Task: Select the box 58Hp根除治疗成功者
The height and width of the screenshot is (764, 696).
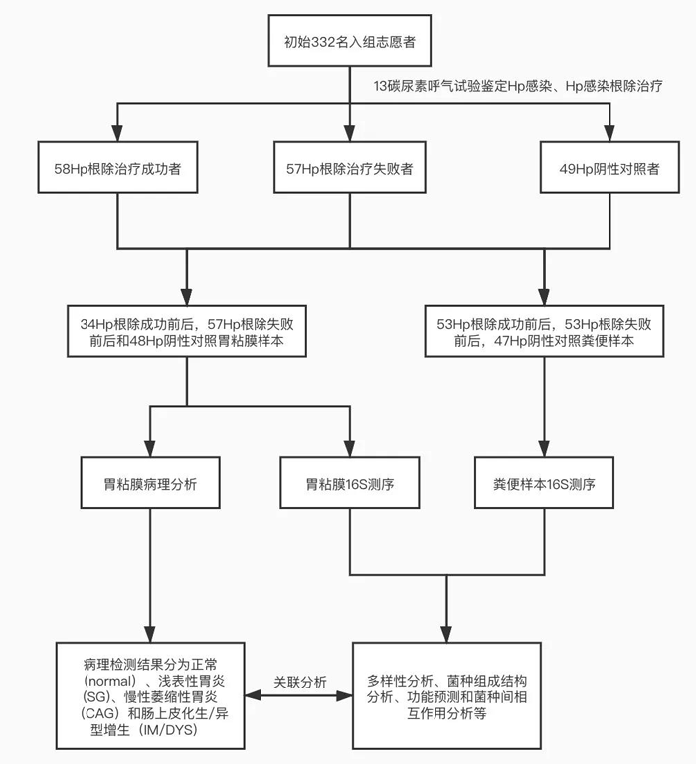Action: point(118,169)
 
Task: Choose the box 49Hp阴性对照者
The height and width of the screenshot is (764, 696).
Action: point(610,169)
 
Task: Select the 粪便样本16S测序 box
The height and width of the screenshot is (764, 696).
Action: point(544,486)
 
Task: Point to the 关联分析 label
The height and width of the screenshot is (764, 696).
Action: point(302,682)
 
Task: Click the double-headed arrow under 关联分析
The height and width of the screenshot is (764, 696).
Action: point(302,698)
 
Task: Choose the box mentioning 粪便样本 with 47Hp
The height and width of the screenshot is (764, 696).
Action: point(544,332)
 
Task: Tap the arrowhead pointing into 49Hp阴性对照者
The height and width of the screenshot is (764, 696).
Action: point(610,133)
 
